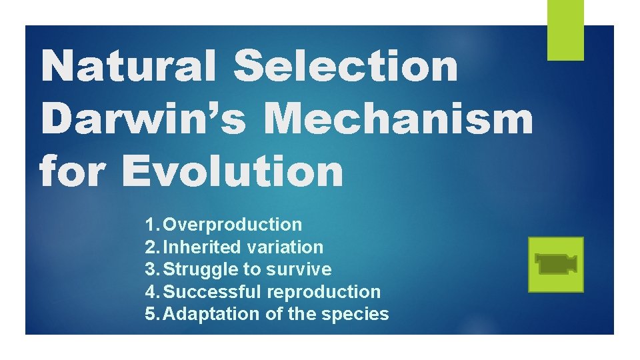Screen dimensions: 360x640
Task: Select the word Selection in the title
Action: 347,67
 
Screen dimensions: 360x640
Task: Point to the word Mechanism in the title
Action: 399,119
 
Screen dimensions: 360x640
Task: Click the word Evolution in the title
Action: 233,171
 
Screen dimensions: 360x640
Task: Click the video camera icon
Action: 555,264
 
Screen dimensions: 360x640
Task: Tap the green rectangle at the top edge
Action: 565,30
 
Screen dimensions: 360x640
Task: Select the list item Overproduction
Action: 233,225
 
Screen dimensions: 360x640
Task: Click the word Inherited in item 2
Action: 202,247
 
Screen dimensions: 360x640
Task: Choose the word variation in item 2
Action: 285,247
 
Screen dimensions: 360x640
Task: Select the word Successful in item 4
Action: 212,292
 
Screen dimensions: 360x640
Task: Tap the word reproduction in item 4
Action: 323,292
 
